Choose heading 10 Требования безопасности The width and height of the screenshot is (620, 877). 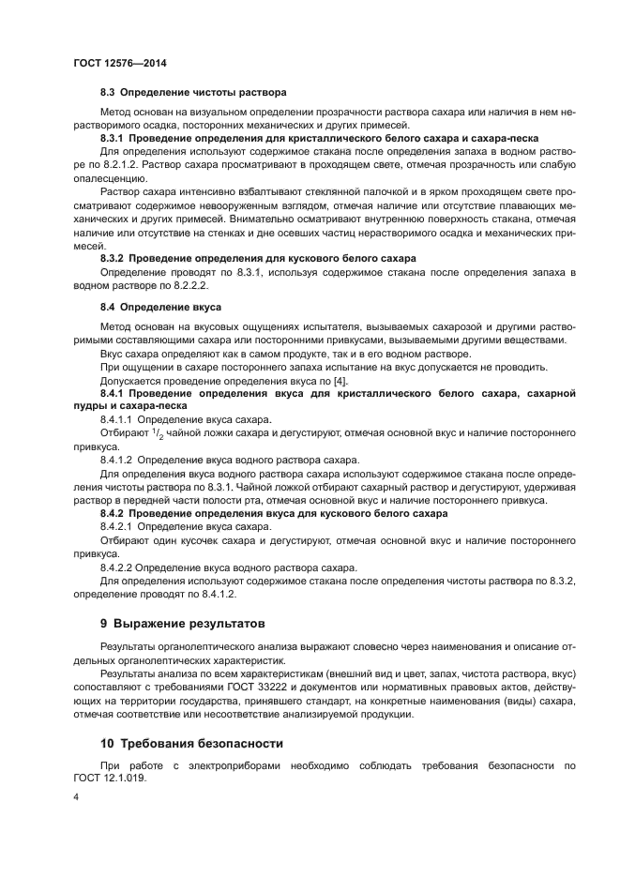coord(189,743)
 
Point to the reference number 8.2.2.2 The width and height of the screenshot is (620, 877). coord(186,284)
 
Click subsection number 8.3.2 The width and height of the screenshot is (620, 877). coord(119,258)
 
